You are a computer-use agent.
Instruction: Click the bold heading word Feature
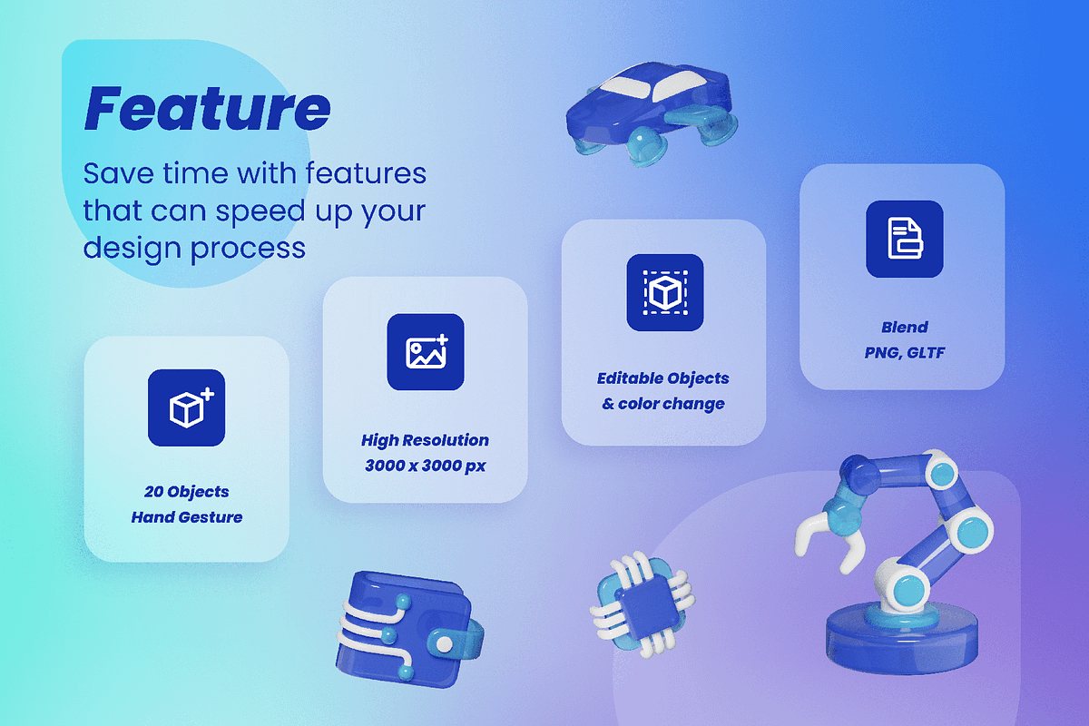pos(208,108)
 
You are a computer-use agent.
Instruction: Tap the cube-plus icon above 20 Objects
pos(187,407)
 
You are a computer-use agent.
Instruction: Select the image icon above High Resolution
pos(426,351)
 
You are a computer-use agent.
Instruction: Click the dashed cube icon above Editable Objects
pos(664,292)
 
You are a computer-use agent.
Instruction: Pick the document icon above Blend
pos(904,239)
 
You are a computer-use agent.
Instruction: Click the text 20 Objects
pos(187,492)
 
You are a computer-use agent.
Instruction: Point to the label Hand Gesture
pos(187,517)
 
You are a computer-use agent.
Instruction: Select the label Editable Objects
pos(663,378)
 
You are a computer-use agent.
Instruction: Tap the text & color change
pos(663,404)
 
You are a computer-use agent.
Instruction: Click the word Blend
pos(904,328)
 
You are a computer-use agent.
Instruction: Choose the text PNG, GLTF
pos(904,352)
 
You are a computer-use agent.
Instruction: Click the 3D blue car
pos(652,113)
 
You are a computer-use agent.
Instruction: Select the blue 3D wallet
pos(408,630)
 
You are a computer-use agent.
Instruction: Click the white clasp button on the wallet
pos(444,644)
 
